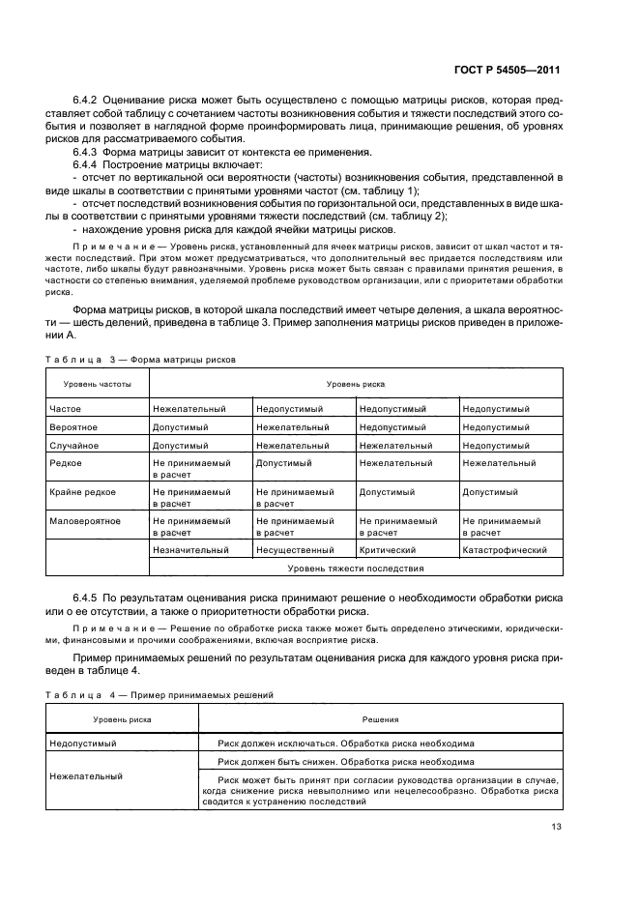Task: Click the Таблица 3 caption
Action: (140, 359)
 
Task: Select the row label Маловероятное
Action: (85, 521)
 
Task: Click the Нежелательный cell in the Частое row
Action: (189, 409)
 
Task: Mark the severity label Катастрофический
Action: (505, 550)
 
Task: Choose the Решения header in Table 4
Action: (381, 719)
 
